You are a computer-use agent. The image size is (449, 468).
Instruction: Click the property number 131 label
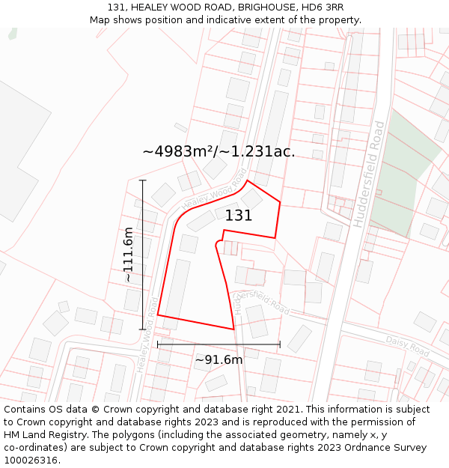239,216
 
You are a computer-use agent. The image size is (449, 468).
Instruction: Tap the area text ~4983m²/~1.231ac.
219,151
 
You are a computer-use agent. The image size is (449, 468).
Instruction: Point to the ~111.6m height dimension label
128,255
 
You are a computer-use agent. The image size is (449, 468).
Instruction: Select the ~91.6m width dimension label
219,360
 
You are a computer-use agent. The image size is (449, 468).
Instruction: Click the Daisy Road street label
407,346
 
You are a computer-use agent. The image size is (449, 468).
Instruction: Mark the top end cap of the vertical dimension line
142,180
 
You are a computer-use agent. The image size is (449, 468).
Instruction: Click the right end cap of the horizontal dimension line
280,344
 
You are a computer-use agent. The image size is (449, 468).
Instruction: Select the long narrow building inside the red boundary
177,288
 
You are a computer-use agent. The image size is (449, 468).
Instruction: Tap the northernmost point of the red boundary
248,180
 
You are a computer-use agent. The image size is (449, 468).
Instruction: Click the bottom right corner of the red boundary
234,329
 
